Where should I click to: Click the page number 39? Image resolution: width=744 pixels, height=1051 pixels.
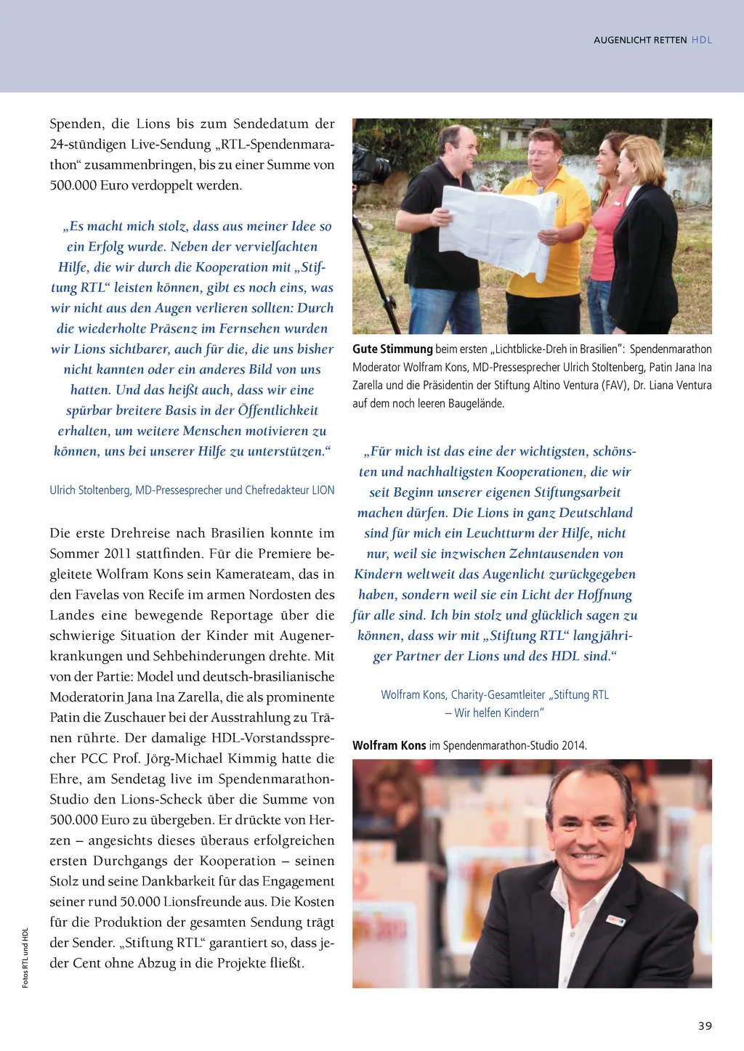(705, 1026)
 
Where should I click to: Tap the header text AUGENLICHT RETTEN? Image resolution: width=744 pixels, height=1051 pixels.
(639, 40)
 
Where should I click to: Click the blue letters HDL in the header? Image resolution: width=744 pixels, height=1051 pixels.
(702, 40)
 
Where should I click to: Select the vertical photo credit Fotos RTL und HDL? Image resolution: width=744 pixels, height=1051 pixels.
(25, 957)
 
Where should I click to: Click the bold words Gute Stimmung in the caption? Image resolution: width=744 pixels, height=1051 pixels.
(392, 349)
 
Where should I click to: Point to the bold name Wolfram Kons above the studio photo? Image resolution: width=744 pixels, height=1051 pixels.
(389, 745)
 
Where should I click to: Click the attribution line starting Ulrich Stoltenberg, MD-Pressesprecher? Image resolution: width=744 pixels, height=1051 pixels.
(192, 490)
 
